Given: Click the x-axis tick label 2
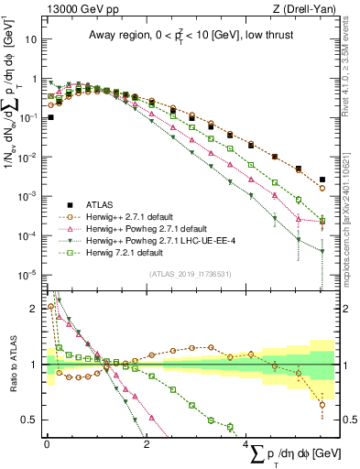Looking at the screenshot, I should click(x=147, y=446).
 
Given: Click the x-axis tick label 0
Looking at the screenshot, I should click(x=47, y=446).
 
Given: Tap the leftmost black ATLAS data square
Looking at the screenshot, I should click(x=50, y=117).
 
